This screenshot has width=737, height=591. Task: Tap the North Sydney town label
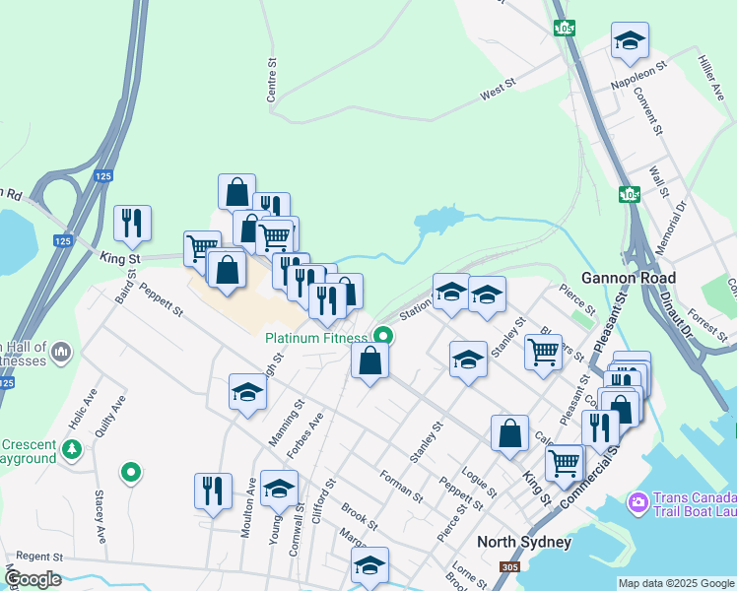click(523, 543)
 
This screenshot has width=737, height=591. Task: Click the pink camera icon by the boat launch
click(638, 503)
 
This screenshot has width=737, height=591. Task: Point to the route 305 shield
click(509, 567)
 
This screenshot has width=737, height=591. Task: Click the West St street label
click(499, 92)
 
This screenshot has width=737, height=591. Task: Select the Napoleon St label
click(639, 73)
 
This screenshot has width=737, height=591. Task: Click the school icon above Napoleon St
click(630, 41)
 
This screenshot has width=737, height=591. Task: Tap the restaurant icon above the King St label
click(132, 223)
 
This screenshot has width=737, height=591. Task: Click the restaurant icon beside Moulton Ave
click(213, 490)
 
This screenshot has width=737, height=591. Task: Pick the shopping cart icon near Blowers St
click(543, 352)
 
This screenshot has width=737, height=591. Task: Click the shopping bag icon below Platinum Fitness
click(370, 360)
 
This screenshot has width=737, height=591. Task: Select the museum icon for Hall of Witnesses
click(61, 352)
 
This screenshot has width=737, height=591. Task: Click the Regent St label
click(39, 558)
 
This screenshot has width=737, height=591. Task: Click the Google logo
click(33, 579)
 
